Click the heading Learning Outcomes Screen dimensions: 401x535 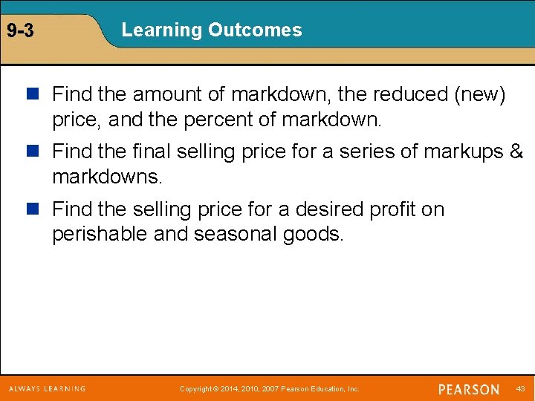point(212,30)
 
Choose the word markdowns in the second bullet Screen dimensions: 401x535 point(106,177)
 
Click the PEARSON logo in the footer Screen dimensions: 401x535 point(468,389)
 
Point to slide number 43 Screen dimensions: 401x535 point(520,389)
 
